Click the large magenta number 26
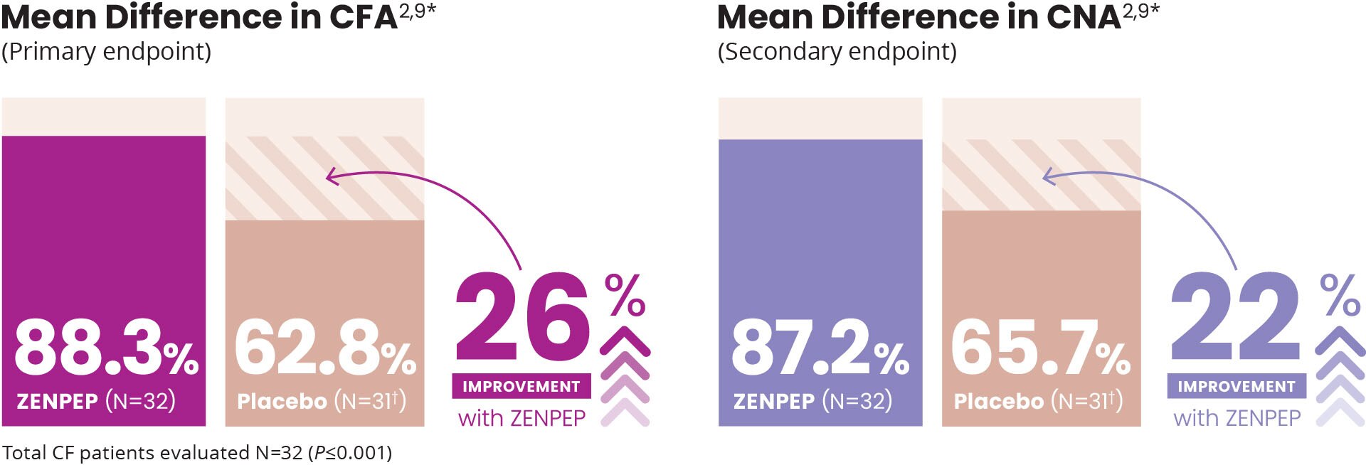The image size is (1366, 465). tap(523, 317)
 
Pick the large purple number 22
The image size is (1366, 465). tap(1237, 317)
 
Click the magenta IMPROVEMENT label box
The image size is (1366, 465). tap(521, 386)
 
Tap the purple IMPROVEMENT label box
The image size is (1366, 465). tap(1237, 386)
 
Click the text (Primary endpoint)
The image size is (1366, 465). tap(107, 52)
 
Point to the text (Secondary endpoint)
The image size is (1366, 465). tap(837, 52)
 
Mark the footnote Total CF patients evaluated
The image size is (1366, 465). tap(196, 453)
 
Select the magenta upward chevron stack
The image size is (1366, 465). tap(625, 376)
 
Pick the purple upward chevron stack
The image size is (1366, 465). tap(1340, 376)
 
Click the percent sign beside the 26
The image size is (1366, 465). tap(625, 294)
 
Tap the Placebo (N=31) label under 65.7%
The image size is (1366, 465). tap(1038, 401)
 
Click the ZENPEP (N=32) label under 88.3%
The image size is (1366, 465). tap(96, 401)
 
